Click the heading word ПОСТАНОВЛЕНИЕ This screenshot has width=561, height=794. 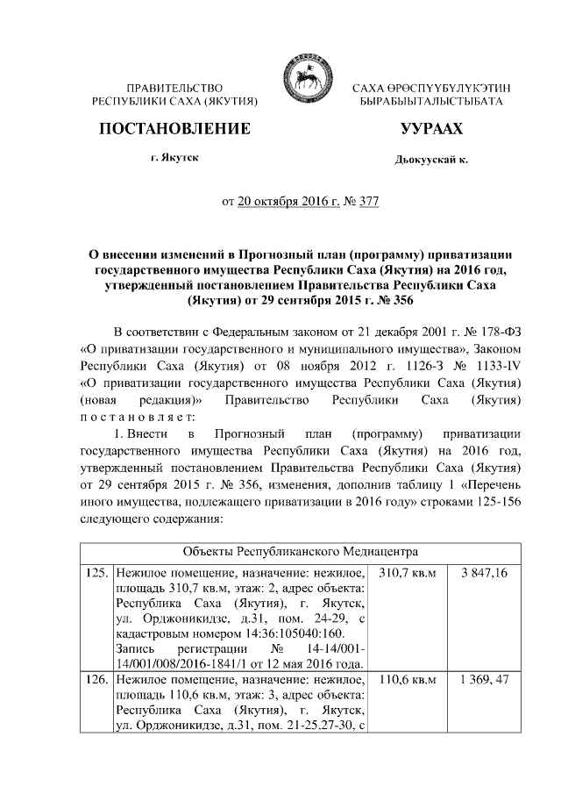(x=174, y=129)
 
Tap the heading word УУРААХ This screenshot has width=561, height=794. (x=431, y=130)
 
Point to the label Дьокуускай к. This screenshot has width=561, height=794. (x=432, y=161)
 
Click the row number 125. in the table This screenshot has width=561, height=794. (x=97, y=572)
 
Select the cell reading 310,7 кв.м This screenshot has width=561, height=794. (x=406, y=572)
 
